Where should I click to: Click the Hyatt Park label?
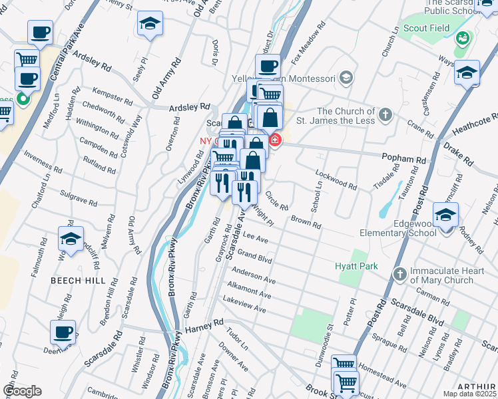point(356,266)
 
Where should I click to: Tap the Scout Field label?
point(426,28)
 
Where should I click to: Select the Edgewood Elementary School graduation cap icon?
point(445,214)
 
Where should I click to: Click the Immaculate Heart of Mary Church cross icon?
point(399,273)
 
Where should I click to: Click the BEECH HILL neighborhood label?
point(78,281)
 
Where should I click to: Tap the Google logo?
point(23,390)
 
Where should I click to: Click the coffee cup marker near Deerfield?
point(63,332)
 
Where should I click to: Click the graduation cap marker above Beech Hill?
point(71,238)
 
